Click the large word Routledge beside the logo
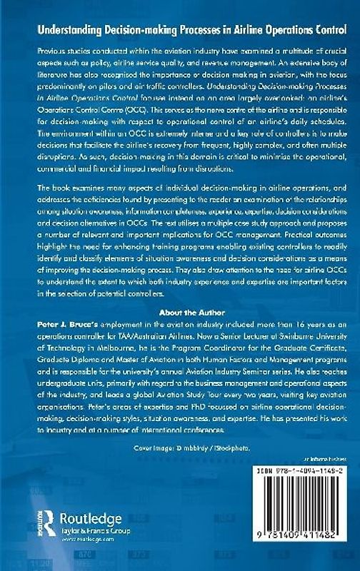91,518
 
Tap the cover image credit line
181,448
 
